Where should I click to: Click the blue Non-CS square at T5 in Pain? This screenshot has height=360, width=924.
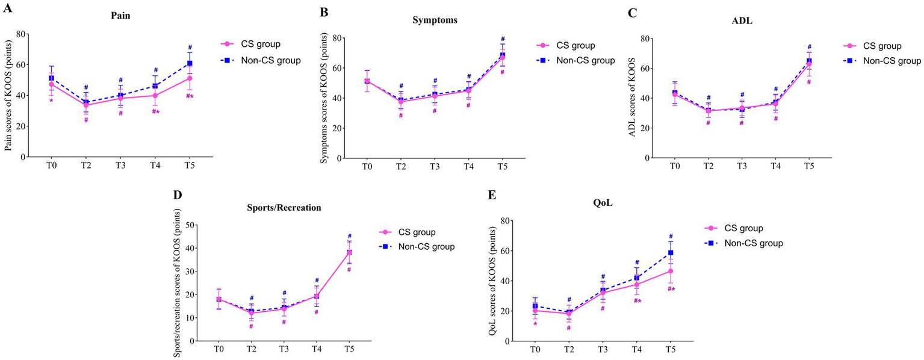pyautogui.click(x=190, y=63)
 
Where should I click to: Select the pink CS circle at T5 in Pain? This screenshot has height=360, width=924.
pyautogui.click(x=190, y=78)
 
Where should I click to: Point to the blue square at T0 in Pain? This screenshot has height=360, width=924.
pyautogui.click(x=51, y=78)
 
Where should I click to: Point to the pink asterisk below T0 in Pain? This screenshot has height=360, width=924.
pyautogui.click(x=51, y=101)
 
